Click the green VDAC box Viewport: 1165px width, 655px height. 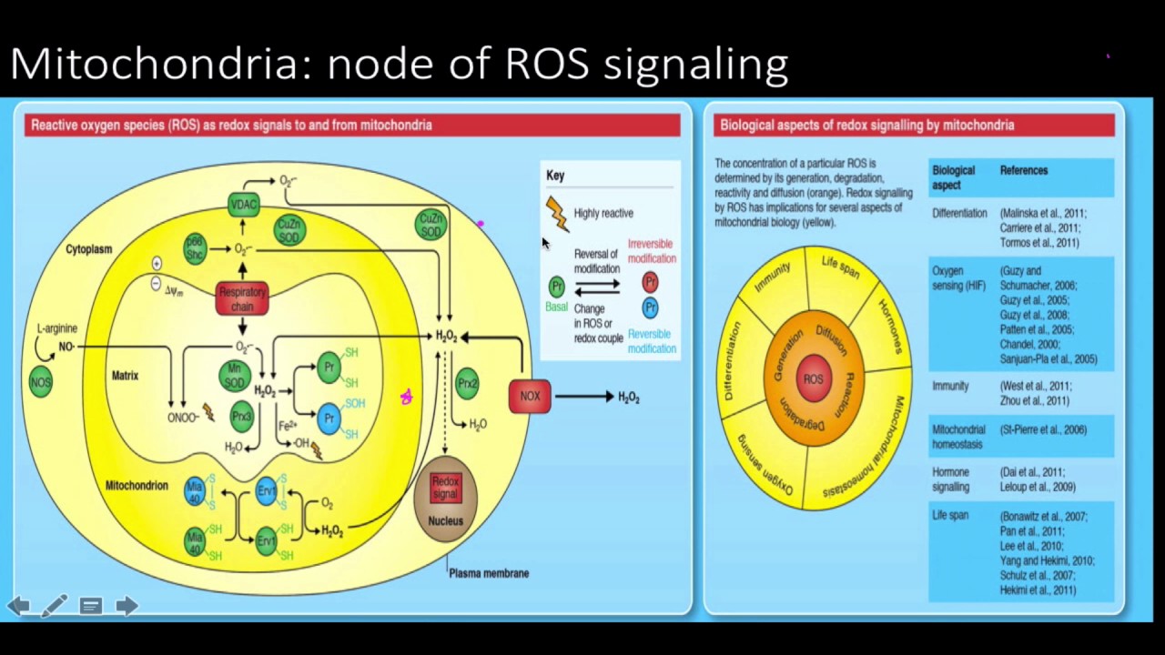click(244, 205)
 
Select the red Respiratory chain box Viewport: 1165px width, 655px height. click(242, 299)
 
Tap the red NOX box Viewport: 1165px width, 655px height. click(530, 397)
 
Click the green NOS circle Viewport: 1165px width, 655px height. click(41, 383)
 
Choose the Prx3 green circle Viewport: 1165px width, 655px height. click(241, 417)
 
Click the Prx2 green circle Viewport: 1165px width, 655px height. click(468, 383)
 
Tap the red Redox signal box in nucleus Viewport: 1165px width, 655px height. click(445, 488)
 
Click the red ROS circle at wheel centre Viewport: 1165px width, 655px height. click(813, 379)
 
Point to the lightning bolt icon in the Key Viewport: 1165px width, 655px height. click(556, 214)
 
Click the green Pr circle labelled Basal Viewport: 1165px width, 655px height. click(556, 287)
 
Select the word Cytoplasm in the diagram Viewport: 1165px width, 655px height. click(88, 249)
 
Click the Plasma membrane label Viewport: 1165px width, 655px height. click(489, 573)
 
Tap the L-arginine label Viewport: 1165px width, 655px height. click(56, 328)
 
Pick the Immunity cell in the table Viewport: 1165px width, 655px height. click(950, 386)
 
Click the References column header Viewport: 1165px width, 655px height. click(1024, 170)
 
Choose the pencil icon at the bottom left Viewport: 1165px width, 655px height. click(54, 605)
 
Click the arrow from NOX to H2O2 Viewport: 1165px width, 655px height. click(583, 397)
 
